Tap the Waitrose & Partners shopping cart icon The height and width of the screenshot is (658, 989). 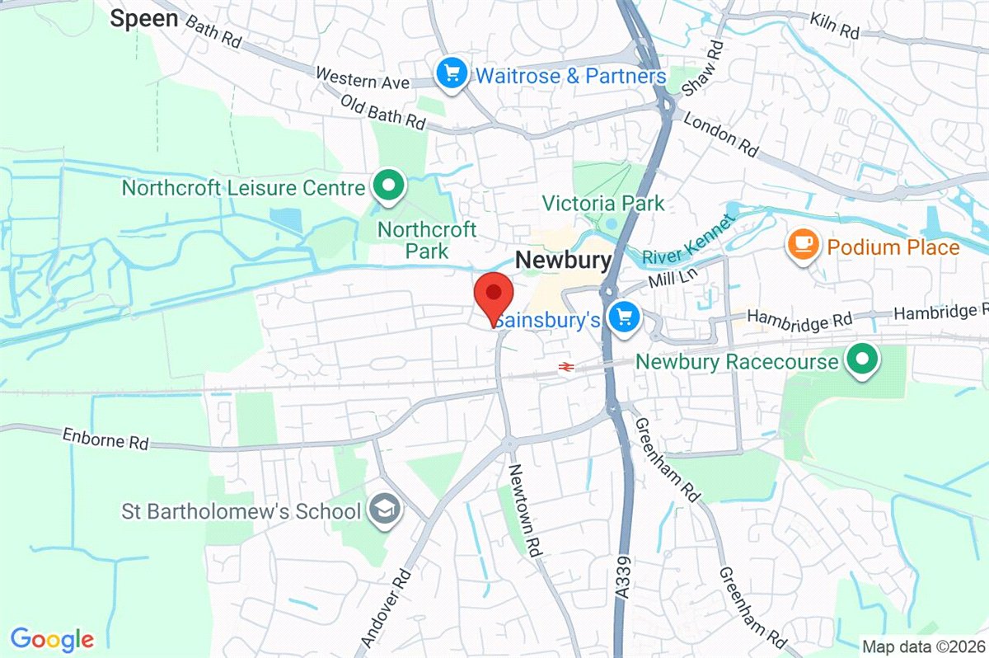coord(451,75)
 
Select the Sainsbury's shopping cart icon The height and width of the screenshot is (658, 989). coord(624,317)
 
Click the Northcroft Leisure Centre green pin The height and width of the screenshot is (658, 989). coord(386,186)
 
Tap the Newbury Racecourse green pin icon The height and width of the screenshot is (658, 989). coord(862,360)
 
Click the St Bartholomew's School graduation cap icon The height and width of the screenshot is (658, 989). coord(384,510)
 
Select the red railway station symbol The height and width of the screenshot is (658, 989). coord(565,366)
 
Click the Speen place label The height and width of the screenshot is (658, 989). coord(144,19)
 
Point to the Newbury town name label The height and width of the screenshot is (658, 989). coord(564,261)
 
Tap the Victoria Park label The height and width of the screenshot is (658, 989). coord(603,203)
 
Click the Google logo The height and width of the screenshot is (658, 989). coord(52,638)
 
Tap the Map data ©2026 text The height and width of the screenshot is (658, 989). coord(922,646)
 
